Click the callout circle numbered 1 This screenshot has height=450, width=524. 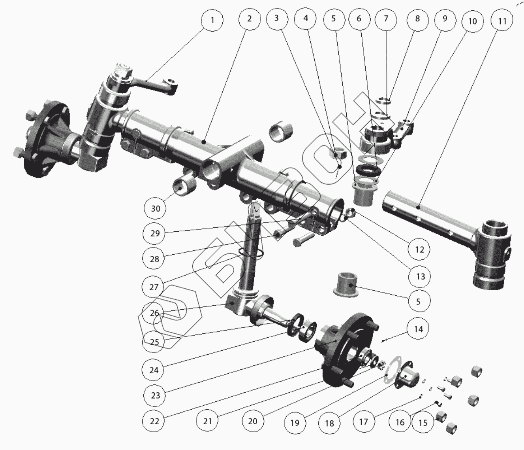(x=212, y=20)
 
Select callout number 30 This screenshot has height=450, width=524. (x=156, y=208)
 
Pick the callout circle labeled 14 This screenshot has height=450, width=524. (x=418, y=329)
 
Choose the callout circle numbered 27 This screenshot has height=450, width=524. (x=154, y=287)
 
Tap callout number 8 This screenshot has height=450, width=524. (x=417, y=19)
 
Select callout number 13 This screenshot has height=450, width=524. (x=421, y=276)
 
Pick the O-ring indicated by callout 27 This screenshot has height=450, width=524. (x=251, y=253)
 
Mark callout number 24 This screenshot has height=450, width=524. (x=154, y=370)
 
